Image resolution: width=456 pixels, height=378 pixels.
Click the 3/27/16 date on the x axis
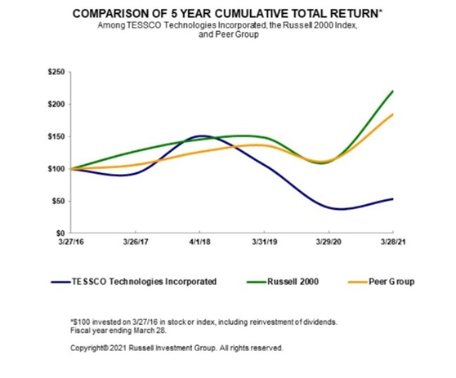point(71,243)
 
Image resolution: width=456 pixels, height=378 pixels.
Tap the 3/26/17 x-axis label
point(136,243)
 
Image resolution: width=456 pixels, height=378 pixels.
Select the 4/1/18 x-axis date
point(200,243)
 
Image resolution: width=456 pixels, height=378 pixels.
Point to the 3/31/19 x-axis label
point(264,243)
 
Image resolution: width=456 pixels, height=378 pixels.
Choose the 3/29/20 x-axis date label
point(329,243)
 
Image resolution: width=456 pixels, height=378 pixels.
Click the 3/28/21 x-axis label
point(392,243)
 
